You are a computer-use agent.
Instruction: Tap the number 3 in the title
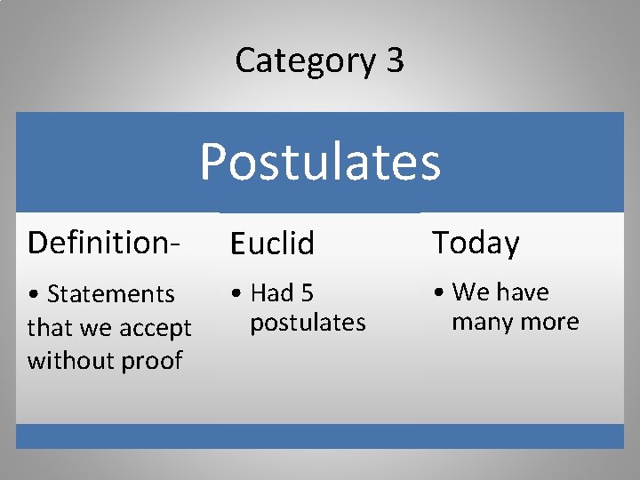pyautogui.click(x=395, y=60)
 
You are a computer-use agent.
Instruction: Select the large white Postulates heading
pyautogui.click(x=320, y=162)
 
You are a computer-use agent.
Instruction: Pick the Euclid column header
pyautogui.click(x=272, y=243)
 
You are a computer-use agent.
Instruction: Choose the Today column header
pyautogui.click(x=476, y=242)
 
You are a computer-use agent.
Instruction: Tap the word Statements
pyautogui.click(x=111, y=293)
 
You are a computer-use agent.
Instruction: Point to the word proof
pyautogui.click(x=153, y=362)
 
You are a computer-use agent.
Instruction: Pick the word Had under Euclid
pyautogui.click(x=271, y=292)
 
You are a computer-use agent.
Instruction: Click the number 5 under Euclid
pyautogui.click(x=308, y=292)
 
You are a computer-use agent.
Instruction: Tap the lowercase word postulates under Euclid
pyautogui.click(x=308, y=323)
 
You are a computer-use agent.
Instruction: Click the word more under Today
pyautogui.click(x=551, y=322)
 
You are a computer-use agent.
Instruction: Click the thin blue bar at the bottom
pyautogui.click(x=320, y=436)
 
